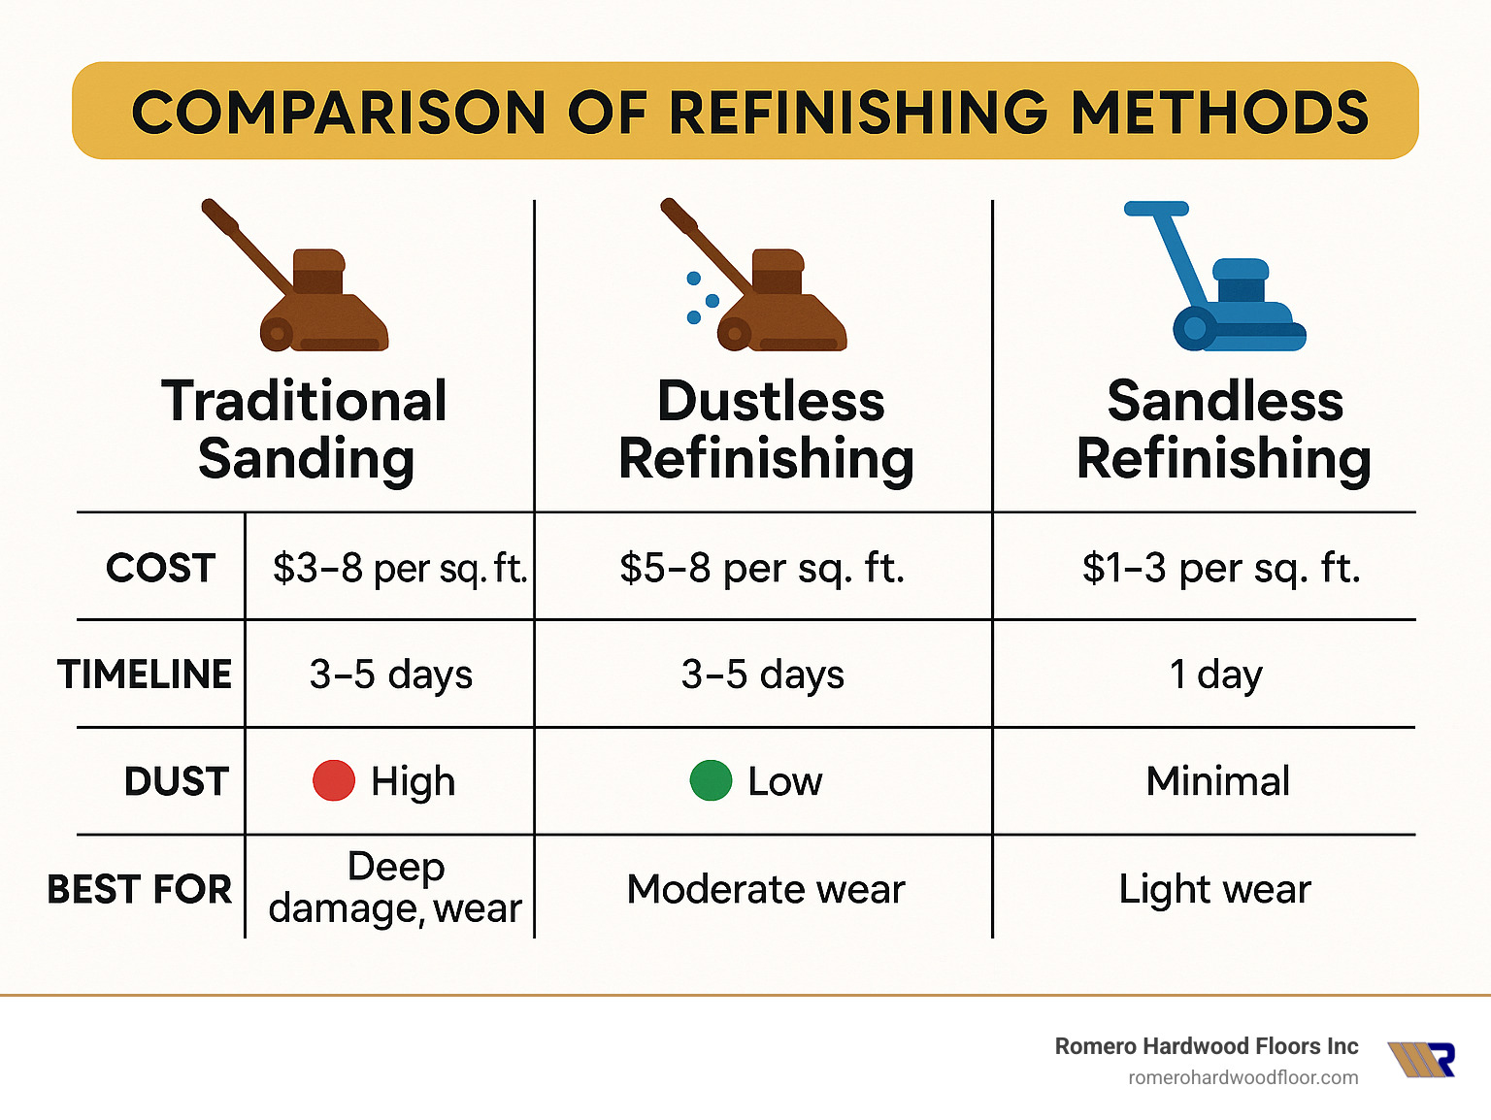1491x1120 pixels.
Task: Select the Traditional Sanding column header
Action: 305,429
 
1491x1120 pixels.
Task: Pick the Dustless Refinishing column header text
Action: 767,429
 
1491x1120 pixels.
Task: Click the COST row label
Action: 160,568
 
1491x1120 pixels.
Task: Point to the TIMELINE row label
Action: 145,675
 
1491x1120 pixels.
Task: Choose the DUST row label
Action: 176,781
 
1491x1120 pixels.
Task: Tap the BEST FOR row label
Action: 140,889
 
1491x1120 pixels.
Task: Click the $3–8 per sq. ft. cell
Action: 399,569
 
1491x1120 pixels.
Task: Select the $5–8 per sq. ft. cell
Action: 762,569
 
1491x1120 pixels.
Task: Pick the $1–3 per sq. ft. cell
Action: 1221,569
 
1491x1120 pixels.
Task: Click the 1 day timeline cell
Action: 1215,675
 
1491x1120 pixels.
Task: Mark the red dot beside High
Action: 334,781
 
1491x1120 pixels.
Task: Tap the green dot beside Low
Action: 711,781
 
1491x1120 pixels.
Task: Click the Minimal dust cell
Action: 1217,781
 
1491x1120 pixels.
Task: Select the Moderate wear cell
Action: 766,889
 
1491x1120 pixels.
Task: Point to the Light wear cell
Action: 1214,889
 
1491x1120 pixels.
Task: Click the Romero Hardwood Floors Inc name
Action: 1206,1046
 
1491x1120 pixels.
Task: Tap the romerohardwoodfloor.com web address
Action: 1242,1077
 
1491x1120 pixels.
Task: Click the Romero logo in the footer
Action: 1422,1060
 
